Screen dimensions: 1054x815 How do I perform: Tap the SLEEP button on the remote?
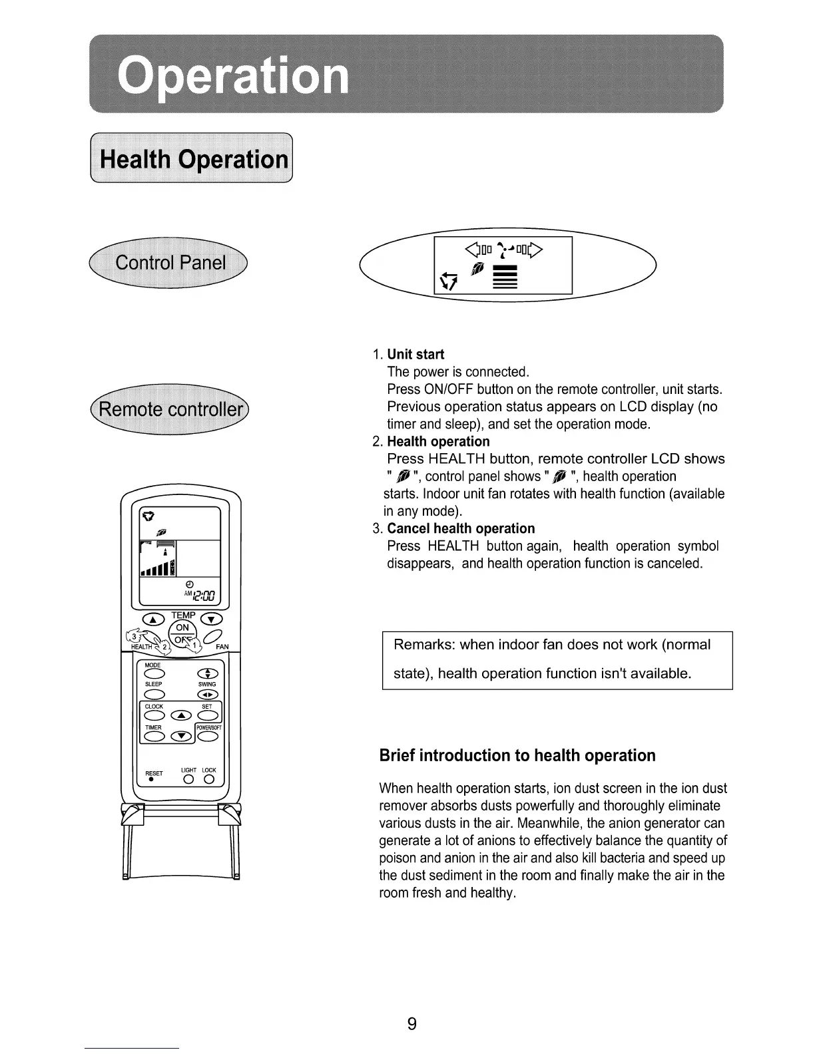pyautogui.click(x=154, y=695)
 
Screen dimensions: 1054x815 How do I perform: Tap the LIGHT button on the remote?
pyautogui.click(x=189, y=780)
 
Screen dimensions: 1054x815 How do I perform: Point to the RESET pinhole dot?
pyautogui.click(x=152, y=780)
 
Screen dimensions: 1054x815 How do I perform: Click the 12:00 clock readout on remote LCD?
pyautogui.click(x=201, y=596)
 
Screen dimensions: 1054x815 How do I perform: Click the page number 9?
pyautogui.click(x=411, y=1023)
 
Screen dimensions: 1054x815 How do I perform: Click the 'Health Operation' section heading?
pyautogui.click(x=193, y=160)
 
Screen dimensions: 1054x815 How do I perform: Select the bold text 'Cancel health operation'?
pyautogui.click(x=461, y=528)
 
